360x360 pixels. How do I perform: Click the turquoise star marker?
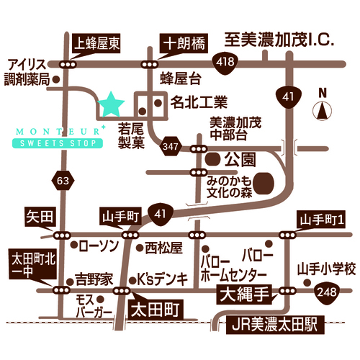tap(111, 104)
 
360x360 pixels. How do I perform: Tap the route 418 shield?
tap(225, 63)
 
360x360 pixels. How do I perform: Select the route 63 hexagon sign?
tap(63, 181)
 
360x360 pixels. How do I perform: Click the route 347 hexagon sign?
tap(171, 146)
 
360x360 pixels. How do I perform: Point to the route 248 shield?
tap(327, 292)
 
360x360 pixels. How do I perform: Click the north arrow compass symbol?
tap(323, 110)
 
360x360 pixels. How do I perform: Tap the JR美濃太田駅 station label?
tap(275, 325)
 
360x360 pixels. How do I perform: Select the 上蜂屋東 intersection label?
tap(96, 44)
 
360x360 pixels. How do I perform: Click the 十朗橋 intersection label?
tap(184, 44)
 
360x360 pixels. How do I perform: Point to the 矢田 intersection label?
tap(40, 217)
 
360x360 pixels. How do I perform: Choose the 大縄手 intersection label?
tap(244, 294)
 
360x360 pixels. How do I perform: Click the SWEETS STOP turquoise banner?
tap(58, 143)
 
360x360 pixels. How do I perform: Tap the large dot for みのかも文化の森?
tap(264, 183)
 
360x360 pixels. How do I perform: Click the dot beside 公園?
tap(213, 159)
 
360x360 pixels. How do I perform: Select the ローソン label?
tap(99, 246)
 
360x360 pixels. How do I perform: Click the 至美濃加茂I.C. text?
tap(279, 40)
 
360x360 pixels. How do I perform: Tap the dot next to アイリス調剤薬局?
tap(56, 79)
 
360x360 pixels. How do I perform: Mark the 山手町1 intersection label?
tap(322, 220)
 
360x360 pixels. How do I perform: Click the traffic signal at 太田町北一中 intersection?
tap(62, 290)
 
